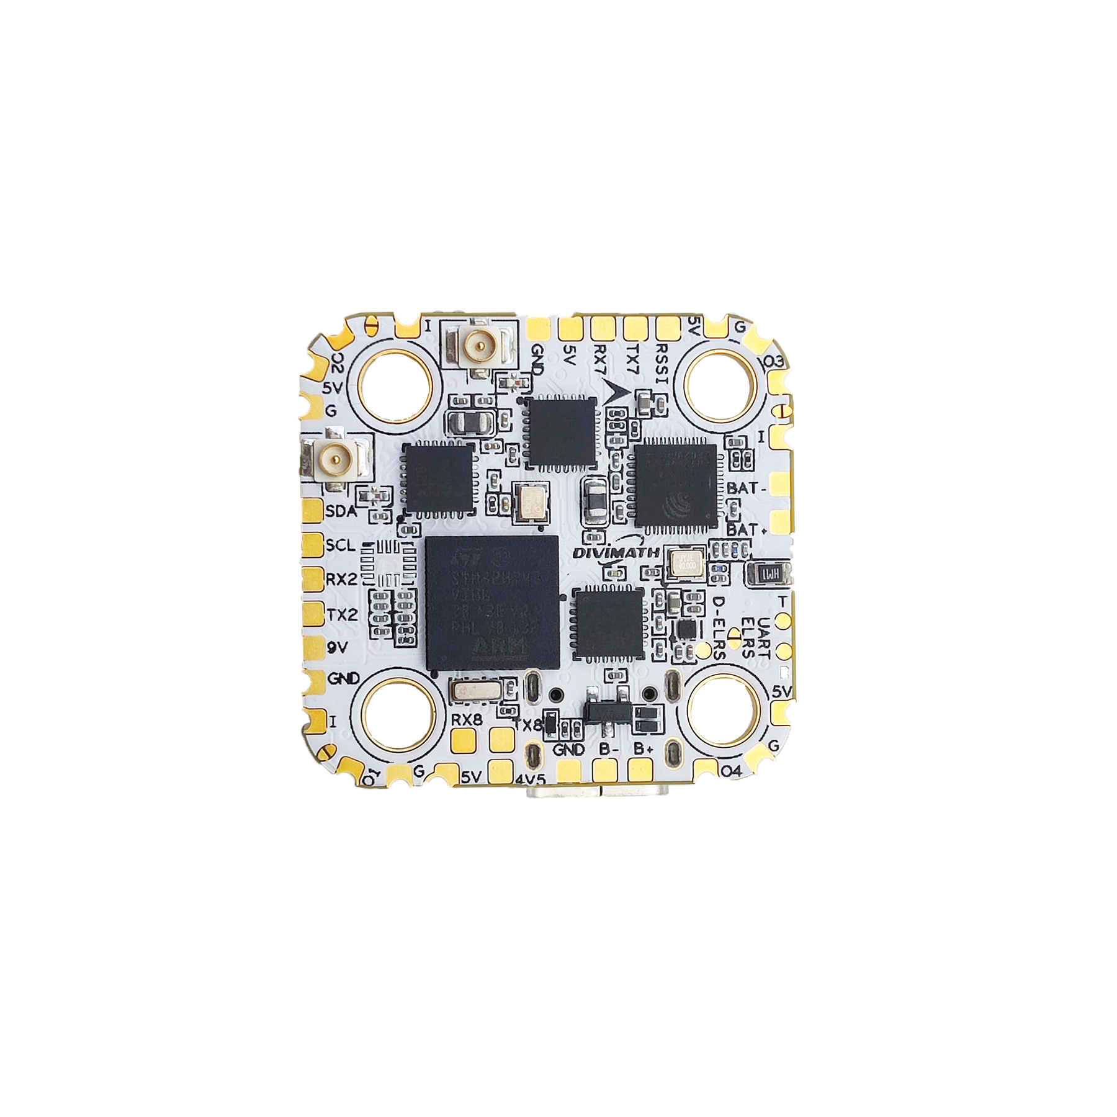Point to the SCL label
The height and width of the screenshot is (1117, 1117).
(x=341, y=545)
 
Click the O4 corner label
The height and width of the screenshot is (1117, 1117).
(x=730, y=771)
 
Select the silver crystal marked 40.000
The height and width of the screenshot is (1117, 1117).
(x=684, y=563)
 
